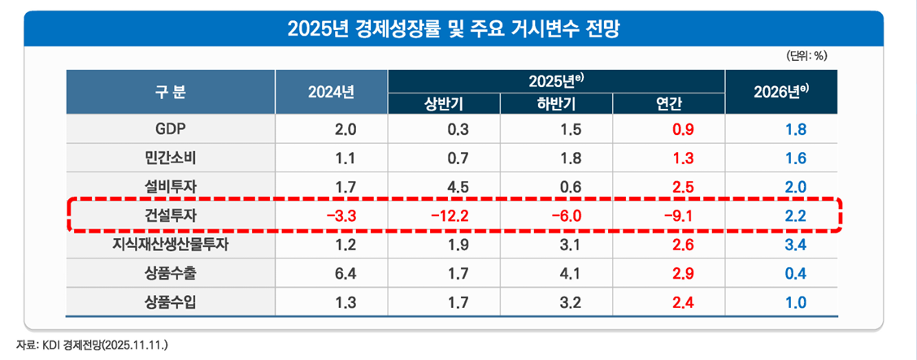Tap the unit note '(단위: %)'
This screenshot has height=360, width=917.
click(x=806, y=56)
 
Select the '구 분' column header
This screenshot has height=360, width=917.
click(x=170, y=93)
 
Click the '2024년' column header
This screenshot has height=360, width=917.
click(x=331, y=93)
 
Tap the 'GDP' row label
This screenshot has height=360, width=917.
click(x=170, y=129)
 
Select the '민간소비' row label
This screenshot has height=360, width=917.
click(x=170, y=158)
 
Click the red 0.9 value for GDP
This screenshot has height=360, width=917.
click(x=682, y=129)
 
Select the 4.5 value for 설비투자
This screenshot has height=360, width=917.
click(x=458, y=187)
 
